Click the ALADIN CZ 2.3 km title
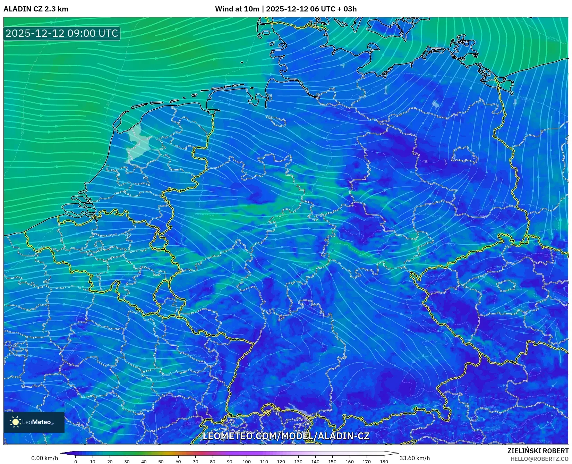tap(36, 9)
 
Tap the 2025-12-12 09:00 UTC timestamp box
tap(62, 33)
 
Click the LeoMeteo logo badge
tap(34, 422)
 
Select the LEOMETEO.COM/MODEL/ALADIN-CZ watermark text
tap(286, 436)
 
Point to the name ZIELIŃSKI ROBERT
tap(538, 451)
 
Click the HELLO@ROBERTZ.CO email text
tap(539, 459)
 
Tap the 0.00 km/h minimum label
tap(44, 458)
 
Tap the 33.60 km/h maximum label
tap(415, 458)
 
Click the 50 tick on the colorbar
tap(161, 462)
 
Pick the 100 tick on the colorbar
tap(247, 462)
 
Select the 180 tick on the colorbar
tap(384, 462)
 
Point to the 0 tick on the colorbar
tap(76, 462)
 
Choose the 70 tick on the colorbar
tap(195, 462)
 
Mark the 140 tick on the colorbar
tap(315, 462)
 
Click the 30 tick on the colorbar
tap(127, 462)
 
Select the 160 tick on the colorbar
tap(349, 462)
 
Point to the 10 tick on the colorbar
tap(93, 462)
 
